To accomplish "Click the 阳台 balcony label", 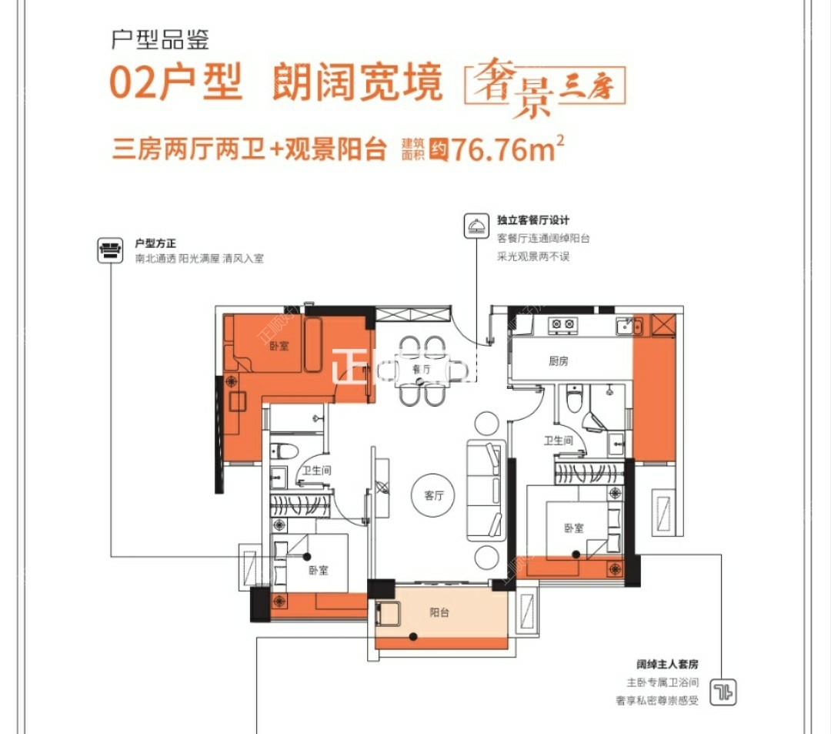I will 439,613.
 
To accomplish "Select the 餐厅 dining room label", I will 421,370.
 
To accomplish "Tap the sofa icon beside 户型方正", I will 110,249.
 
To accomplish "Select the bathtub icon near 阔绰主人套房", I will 722,691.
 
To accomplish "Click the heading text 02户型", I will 176,83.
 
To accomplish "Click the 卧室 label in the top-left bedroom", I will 279,346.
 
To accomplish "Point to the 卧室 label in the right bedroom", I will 573,528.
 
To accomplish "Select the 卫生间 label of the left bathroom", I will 315,471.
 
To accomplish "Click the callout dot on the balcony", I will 414,636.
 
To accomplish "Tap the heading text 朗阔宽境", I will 358,83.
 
